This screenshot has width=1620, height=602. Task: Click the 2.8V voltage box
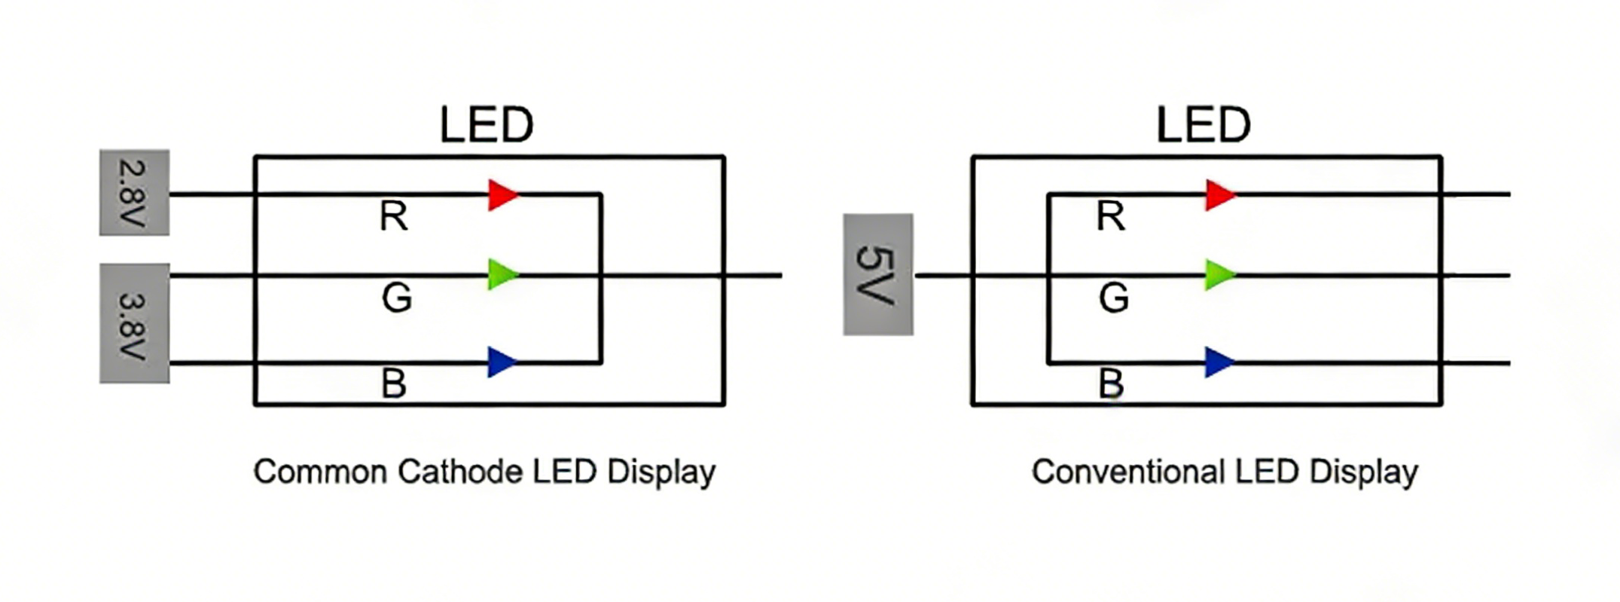pyautogui.click(x=134, y=193)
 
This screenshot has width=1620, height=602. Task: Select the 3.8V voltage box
pyautogui.click(x=134, y=323)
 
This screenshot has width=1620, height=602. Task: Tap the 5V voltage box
pyautogui.click(x=877, y=274)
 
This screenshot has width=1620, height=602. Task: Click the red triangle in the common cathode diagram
pyautogui.click(x=501, y=195)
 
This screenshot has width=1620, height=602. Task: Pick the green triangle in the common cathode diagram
pyautogui.click(x=501, y=275)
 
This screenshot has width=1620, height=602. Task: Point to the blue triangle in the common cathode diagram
pyautogui.click(x=501, y=362)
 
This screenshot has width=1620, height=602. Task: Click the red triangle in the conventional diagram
pyautogui.click(x=1218, y=195)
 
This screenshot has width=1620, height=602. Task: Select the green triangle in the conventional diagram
pyautogui.click(x=1218, y=275)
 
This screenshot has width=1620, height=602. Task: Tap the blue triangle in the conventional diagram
pyautogui.click(x=1218, y=362)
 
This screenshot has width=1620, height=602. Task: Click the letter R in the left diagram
pyautogui.click(x=394, y=217)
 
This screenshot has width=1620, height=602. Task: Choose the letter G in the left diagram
pyautogui.click(x=397, y=298)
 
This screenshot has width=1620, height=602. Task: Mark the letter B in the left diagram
pyautogui.click(x=394, y=384)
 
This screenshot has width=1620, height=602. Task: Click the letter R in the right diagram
pyautogui.click(x=1111, y=217)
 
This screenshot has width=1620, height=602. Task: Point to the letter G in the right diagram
pyautogui.click(x=1114, y=298)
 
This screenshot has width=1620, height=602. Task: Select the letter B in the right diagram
pyautogui.click(x=1111, y=384)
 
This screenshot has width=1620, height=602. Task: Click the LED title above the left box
pyautogui.click(x=487, y=125)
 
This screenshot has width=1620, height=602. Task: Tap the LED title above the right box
pyautogui.click(x=1204, y=125)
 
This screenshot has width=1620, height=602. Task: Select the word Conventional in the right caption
pyautogui.click(x=1127, y=472)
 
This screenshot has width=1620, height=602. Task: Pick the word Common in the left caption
pyautogui.click(x=320, y=472)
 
